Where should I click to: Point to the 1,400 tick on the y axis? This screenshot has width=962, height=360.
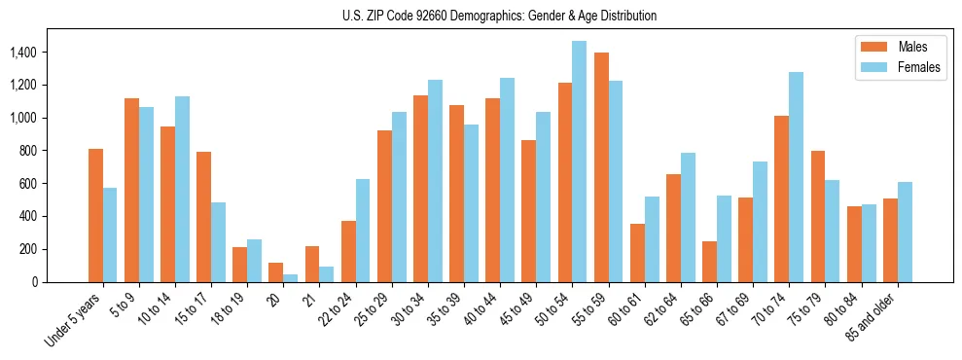click(x=25, y=52)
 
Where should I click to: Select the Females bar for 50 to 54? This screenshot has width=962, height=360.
click(x=579, y=162)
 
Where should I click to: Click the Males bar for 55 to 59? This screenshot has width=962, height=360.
click(x=601, y=167)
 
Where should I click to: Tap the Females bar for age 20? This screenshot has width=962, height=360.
click(x=290, y=278)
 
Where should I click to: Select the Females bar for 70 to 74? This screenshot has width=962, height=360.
click(x=796, y=177)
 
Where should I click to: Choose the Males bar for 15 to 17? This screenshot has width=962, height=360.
click(x=203, y=217)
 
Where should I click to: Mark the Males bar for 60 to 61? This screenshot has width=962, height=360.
click(x=637, y=253)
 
